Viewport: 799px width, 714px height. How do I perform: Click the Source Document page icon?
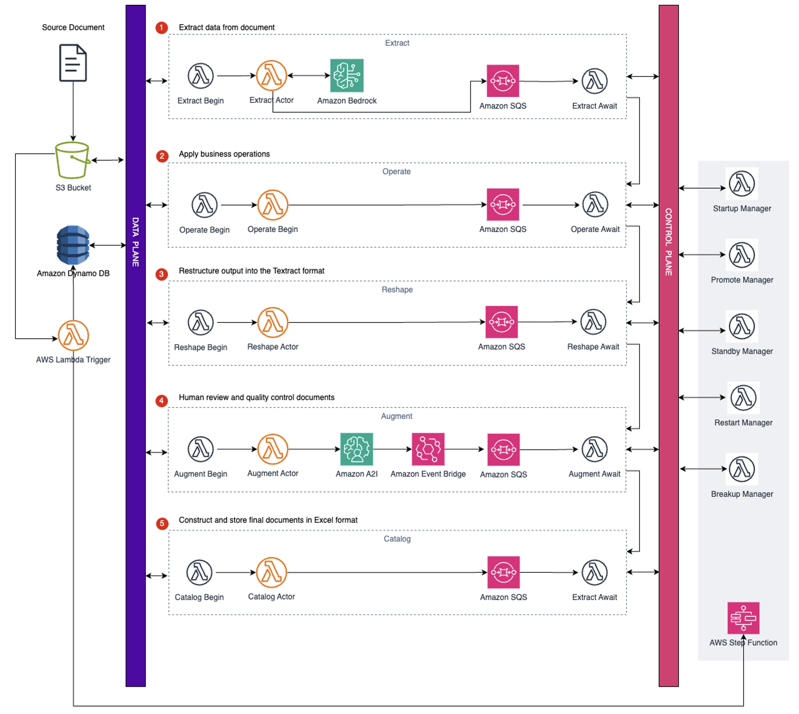tap(73, 63)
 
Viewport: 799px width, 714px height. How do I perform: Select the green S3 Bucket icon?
tap(72, 160)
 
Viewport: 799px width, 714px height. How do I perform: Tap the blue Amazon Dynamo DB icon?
tap(73, 245)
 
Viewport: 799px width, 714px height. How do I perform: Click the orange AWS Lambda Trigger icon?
tap(73, 335)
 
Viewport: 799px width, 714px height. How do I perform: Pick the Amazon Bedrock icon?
tap(347, 75)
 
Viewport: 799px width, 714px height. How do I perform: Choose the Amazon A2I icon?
tap(356, 449)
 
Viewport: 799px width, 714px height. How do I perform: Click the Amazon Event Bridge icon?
tap(428, 449)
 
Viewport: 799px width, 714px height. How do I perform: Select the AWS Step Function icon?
tap(743, 618)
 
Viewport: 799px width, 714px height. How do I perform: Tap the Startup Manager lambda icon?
tap(742, 184)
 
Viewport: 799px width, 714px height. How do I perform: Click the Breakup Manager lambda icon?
tap(742, 469)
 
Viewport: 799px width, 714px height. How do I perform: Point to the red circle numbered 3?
tap(162, 274)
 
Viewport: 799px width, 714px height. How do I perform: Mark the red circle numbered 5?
tap(162, 523)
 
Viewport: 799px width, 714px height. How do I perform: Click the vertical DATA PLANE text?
tap(136, 242)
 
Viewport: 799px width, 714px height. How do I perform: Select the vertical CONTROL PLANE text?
tap(668, 242)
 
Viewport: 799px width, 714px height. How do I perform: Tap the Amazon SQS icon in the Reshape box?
tap(501, 322)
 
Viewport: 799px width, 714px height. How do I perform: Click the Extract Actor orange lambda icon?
tap(271, 75)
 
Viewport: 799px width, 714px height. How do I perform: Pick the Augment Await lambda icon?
tap(594, 449)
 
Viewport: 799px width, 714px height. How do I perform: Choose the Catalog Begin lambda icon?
tap(199, 572)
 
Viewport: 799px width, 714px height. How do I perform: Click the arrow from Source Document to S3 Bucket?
tap(73, 111)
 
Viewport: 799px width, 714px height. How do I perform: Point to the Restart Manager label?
tap(743, 423)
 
